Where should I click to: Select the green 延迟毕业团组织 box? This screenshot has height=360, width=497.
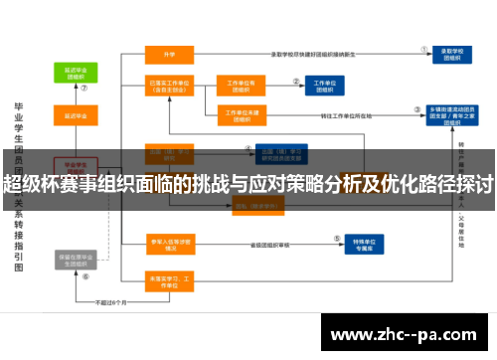[x=76, y=72]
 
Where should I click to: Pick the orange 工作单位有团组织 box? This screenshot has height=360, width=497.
[x=240, y=87]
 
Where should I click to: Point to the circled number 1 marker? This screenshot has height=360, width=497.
[x=423, y=46]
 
